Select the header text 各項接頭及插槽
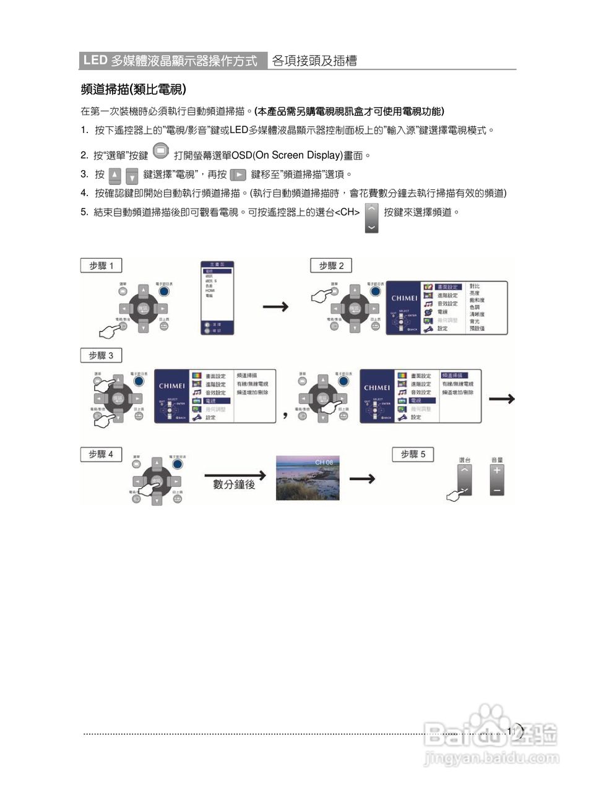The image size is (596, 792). point(314,61)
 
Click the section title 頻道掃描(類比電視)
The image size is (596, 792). point(134,90)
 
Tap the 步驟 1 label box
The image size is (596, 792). point(101,265)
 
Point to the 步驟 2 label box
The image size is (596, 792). point(330,265)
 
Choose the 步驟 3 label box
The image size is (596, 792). point(101,355)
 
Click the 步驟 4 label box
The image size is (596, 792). point(101,454)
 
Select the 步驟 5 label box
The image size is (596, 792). point(413,454)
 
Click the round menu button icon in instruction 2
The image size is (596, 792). point(160,150)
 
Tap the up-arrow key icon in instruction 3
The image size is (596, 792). point(115,175)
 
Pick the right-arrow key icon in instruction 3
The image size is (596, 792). point(238,175)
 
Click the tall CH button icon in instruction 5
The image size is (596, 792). point(371,217)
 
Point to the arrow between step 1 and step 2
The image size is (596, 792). point(275,307)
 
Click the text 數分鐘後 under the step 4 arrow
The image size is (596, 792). point(234,484)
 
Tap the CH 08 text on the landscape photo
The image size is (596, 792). point(324,462)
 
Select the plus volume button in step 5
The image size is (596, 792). point(497,470)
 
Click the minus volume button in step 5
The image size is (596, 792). point(497,490)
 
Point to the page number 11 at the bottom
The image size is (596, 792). point(511,731)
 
